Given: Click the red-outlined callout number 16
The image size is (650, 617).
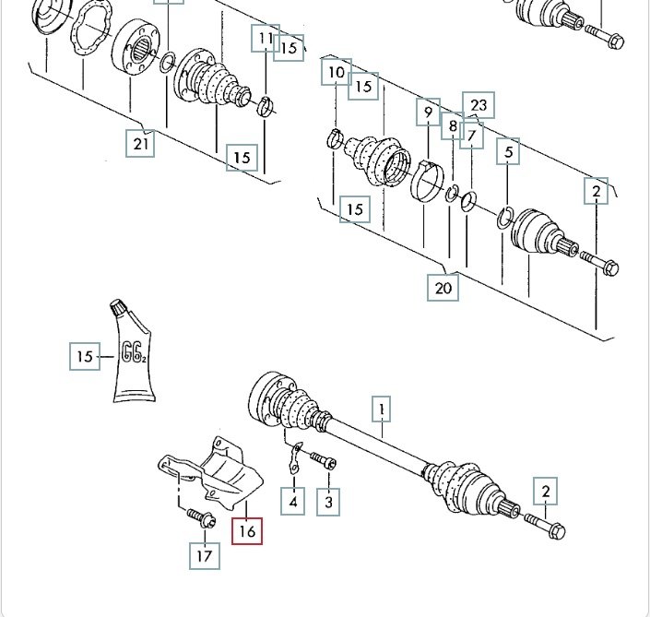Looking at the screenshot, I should click(x=247, y=530).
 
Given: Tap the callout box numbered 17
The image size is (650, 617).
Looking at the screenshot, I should click(x=205, y=555).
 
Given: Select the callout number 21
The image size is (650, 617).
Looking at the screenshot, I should click(x=141, y=143).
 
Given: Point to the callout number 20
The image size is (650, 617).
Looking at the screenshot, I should click(x=443, y=287).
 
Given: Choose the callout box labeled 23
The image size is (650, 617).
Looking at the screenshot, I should click(x=478, y=105).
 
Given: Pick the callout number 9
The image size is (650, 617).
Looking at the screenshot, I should click(x=428, y=113).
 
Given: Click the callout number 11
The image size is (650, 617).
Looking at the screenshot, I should click(x=266, y=39).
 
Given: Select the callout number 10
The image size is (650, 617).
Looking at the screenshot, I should click(x=336, y=72).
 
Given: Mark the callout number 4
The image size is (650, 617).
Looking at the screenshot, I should click(x=293, y=502).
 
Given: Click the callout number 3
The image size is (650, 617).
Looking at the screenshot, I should click(x=328, y=502).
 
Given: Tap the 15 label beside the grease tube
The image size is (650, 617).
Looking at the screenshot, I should click(x=85, y=356).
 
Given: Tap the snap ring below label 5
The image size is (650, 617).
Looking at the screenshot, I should click(x=503, y=218).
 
